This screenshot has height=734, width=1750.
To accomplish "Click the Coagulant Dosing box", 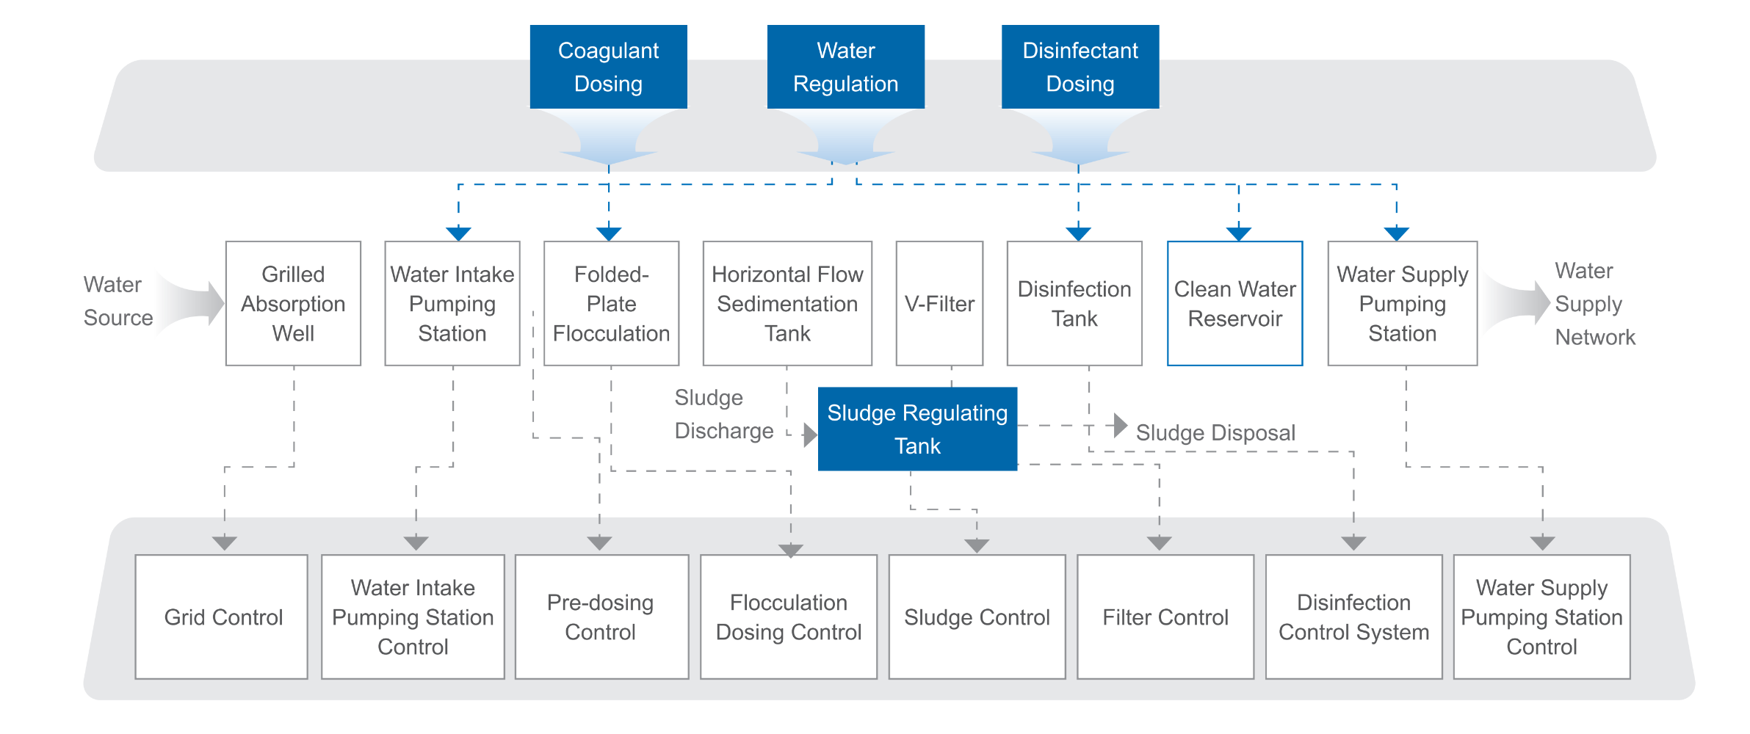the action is click(x=608, y=67).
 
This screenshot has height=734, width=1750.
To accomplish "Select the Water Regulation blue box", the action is click(x=845, y=67).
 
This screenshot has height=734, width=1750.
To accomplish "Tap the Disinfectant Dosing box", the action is click(x=1080, y=67).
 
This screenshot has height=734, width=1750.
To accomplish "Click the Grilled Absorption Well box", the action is click(x=293, y=303).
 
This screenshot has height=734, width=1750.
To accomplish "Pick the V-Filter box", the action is click(x=939, y=303).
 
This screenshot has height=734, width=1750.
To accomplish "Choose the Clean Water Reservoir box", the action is click(x=1234, y=303).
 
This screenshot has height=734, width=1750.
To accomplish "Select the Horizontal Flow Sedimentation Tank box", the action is click(x=787, y=303).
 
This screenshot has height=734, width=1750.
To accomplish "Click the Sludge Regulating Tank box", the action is click(x=917, y=429).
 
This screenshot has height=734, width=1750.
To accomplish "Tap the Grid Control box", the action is click(x=222, y=617).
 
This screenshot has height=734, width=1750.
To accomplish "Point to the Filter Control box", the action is click(x=1165, y=617).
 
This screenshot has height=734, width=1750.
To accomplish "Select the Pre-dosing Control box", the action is click(x=601, y=617).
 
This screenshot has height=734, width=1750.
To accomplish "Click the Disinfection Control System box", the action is click(x=1353, y=617).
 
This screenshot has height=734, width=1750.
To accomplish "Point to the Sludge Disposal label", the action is click(x=1215, y=432).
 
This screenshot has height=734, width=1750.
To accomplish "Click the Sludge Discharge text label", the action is click(x=723, y=414).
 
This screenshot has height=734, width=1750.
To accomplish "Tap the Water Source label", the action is click(x=117, y=301).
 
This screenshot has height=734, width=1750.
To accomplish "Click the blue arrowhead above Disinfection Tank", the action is click(x=1078, y=234).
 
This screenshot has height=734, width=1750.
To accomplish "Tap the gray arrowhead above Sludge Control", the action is click(x=977, y=546).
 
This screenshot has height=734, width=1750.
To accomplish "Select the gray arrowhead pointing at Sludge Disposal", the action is click(x=1121, y=425).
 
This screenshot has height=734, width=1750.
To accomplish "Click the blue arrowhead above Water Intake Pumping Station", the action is click(x=458, y=234).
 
